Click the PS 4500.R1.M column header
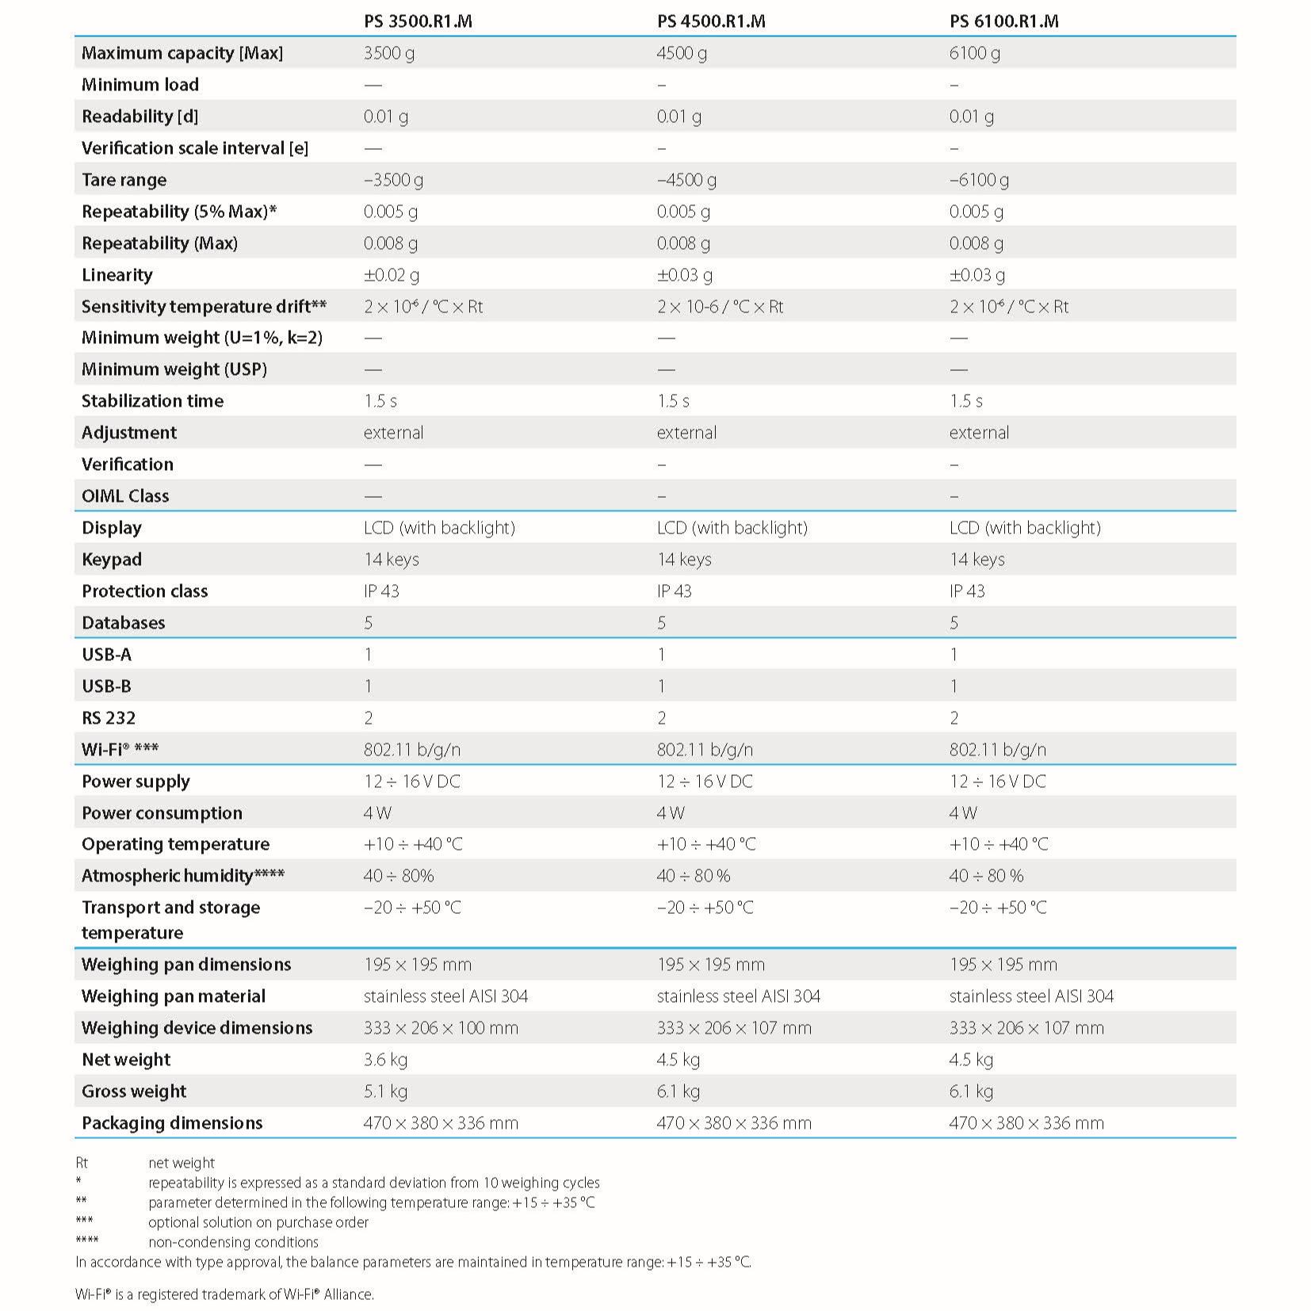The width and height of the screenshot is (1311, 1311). pyautogui.click(x=710, y=21)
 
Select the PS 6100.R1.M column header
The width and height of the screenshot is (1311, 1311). pyautogui.click(x=1003, y=21)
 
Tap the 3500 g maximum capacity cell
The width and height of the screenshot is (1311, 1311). pyautogui.click(x=388, y=53)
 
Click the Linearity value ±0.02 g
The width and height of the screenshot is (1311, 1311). pyautogui.click(x=391, y=275)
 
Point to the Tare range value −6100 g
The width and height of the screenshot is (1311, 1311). pyautogui.click(x=979, y=180)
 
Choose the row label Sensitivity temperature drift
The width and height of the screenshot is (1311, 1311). pyautogui.click(x=204, y=307)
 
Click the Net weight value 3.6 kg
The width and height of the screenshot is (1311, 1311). pyautogui.click(x=386, y=1060)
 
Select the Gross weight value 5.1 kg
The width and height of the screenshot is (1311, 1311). pyautogui.click(x=385, y=1091)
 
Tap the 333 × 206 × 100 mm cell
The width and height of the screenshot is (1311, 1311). pyautogui.click(x=441, y=1028)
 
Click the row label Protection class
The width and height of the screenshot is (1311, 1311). pyautogui.click(x=144, y=591)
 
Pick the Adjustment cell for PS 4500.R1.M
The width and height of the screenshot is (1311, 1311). pyautogui.click(x=686, y=433)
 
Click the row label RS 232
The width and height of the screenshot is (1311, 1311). pyautogui.click(x=109, y=718)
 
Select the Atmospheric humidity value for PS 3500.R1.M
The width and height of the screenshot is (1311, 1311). pyautogui.click(x=399, y=876)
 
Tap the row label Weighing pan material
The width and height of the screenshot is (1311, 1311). pyautogui.click(x=174, y=996)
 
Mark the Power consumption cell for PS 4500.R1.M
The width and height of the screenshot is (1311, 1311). pyautogui.click(x=671, y=813)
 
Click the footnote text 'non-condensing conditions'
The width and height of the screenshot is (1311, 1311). pyautogui.click(x=233, y=1242)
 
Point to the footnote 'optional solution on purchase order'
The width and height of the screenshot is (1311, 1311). pyautogui.click(x=258, y=1222)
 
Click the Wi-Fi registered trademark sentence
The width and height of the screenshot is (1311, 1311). pyautogui.click(x=224, y=1294)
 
